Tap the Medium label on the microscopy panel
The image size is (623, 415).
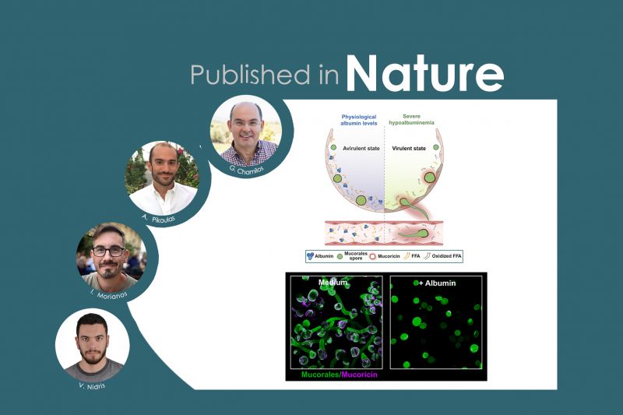pyautogui.click(x=312, y=282)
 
